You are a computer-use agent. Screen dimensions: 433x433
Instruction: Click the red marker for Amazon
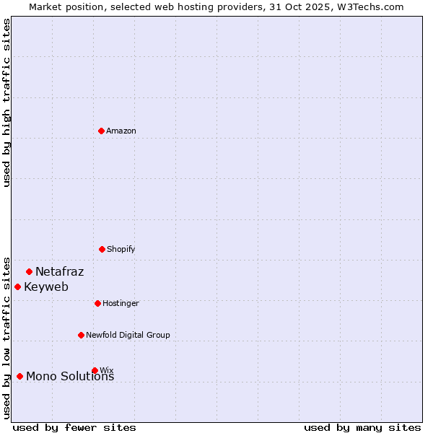coord(101,131)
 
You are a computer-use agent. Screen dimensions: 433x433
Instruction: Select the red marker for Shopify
coord(102,249)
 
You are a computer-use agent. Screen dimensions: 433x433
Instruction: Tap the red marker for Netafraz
coord(29,271)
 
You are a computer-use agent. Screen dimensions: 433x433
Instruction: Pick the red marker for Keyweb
coord(17,287)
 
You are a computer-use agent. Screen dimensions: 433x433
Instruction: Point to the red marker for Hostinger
coord(97,303)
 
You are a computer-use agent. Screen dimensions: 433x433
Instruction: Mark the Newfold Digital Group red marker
coord(81,335)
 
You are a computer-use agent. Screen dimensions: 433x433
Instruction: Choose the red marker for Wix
coord(95,370)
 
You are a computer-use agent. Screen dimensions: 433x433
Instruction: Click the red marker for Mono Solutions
coord(19,376)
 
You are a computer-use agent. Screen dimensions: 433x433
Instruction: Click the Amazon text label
coord(121,131)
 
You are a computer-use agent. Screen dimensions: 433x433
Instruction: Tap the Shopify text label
coord(121,249)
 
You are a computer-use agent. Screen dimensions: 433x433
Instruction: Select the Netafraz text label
coord(59,272)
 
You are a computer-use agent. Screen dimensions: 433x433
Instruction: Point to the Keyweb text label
coord(46,287)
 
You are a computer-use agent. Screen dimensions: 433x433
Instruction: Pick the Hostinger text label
coord(121,303)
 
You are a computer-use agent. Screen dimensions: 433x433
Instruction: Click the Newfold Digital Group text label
coord(128,335)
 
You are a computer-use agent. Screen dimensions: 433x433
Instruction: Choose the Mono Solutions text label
coord(70,377)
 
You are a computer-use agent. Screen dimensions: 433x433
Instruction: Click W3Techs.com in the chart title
coord(367,6)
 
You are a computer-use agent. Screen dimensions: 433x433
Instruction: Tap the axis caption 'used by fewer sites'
coord(74,427)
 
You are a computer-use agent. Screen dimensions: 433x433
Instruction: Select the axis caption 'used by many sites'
coord(362,427)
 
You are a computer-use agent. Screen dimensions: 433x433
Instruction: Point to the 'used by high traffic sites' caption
coord(6,102)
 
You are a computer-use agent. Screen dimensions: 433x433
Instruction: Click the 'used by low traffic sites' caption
coord(6,337)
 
